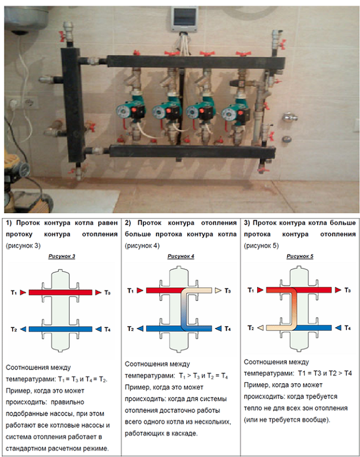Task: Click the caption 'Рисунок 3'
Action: pos(61,256)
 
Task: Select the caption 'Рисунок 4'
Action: pos(180,256)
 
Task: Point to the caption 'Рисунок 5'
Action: pos(299,256)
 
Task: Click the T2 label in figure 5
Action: pos(251,328)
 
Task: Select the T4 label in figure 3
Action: pos(107,328)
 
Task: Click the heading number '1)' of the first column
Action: pos(10,223)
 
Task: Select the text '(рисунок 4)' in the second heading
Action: pos(142,245)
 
